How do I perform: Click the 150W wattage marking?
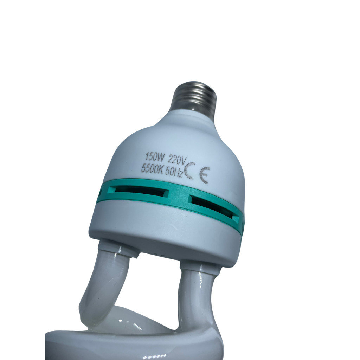[x=155, y=157]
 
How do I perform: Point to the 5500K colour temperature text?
[x=152, y=169]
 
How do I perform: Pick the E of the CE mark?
[x=205, y=175]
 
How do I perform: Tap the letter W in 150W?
[x=161, y=158]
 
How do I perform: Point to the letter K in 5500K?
[x=161, y=171]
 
